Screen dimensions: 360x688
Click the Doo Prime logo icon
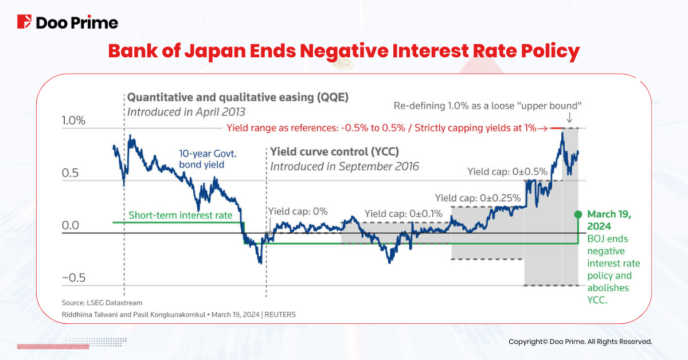click(24, 22)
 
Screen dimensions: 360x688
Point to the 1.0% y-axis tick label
click(73, 121)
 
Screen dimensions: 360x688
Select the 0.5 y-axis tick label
click(71, 174)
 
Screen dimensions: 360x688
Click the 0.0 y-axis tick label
click(71, 225)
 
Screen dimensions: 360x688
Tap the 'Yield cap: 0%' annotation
click(299, 212)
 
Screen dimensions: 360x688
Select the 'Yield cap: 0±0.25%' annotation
click(478, 198)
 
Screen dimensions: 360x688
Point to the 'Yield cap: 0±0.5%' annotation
click(507, 171)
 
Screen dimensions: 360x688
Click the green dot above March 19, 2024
click(578, 213)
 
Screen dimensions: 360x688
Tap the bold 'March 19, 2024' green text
click(608, 220)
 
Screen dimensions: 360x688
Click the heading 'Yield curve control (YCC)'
click(334, 152)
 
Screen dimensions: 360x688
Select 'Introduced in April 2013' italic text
click(186, 112)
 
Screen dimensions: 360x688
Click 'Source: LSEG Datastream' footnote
click(102, 303)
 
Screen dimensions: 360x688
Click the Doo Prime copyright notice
click(580, 342)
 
